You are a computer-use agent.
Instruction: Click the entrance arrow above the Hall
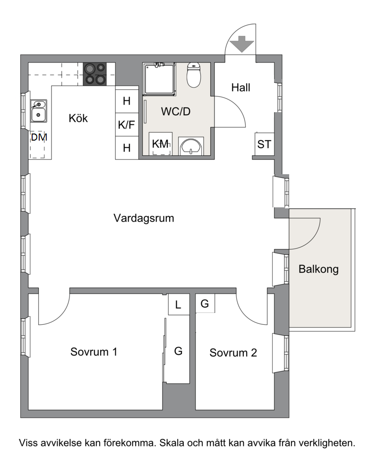[x=241, y=44]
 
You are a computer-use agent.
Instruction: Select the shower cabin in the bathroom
[x=159, y=79]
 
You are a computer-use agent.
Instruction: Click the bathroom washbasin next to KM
[x=191, y=146]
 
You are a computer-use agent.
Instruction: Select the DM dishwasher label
[x=39, y=137]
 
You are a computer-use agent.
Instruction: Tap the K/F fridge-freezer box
[x=127, y=125]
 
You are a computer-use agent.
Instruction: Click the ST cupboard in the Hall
[x=265, y=144]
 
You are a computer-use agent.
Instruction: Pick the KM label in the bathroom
[x=161, y=144]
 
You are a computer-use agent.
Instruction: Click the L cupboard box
[x=178, y=305]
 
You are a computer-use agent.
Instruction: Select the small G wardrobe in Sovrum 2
[x=205, y=303]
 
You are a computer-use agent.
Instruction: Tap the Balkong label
[x=318, y=269]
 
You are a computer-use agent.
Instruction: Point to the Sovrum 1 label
[x=94, y=352]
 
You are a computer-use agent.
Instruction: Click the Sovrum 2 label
[x=233, y=353]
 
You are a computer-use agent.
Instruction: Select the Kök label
[x=78, y=118]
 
